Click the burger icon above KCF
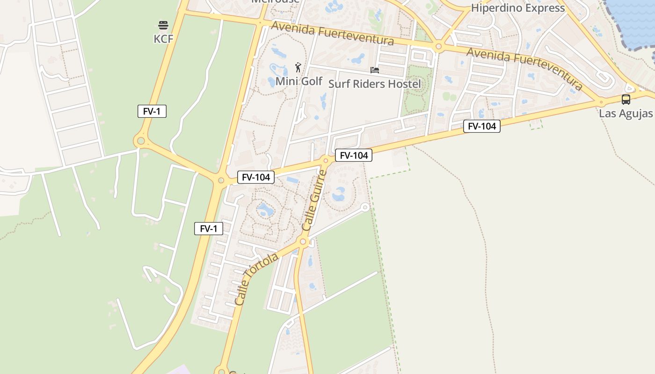163,25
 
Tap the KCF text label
163,39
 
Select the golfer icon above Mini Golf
298,67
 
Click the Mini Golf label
299,81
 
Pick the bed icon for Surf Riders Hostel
374,70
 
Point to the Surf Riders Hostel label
374,84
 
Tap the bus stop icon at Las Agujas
626,99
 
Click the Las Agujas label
626,114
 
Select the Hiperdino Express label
517,8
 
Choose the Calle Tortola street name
256,280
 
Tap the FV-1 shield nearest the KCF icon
152,111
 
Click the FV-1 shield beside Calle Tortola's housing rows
209,229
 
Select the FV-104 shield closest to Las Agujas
481,126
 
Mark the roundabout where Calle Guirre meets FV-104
326,161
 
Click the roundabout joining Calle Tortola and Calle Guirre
303,242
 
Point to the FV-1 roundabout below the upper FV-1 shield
140,140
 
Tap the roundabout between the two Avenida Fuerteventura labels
438,46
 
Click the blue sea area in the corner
636,19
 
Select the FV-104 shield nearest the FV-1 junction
255,177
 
